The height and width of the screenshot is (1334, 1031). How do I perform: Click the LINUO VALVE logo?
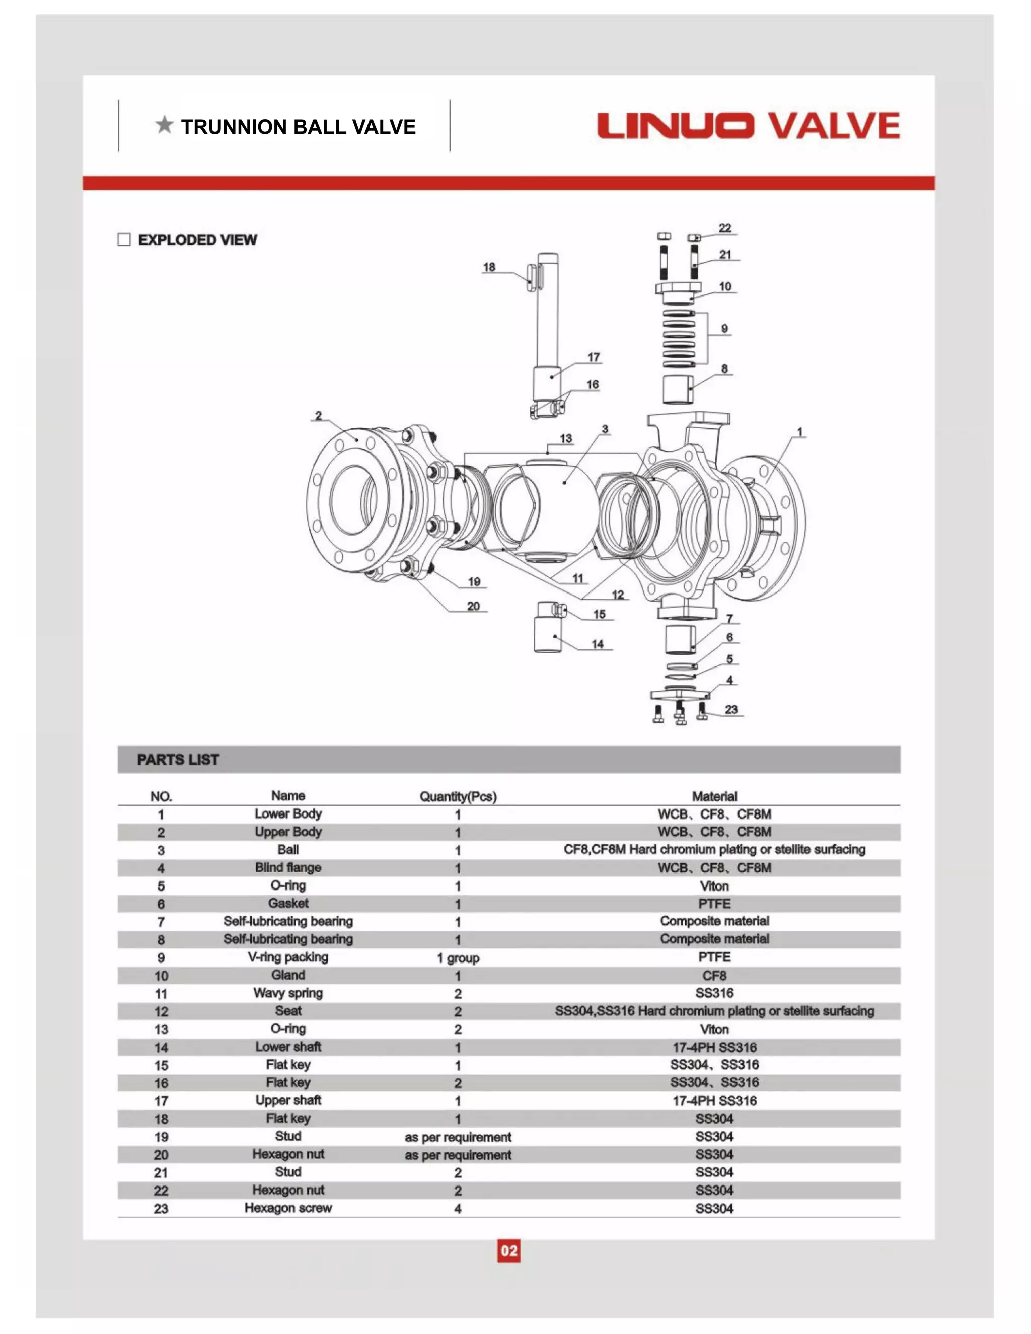click(x=748, y=125)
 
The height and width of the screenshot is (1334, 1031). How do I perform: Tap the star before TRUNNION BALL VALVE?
click(x=164, y=125)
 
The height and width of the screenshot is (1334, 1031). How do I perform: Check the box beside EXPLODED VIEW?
click(x=124, y=240)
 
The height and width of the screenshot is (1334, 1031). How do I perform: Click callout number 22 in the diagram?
click(x=724, y=228)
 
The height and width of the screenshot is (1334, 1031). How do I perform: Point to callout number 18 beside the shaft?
click(x=489, y=267)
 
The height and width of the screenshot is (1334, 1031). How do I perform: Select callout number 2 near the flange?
click(x=318, y=416)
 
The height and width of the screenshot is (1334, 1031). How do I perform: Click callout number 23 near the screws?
click(x=731, y=709)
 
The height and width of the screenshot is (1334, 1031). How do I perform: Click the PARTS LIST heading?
click(x=178, y=759)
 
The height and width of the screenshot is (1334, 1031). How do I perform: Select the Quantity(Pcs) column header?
click(x=458, y=796)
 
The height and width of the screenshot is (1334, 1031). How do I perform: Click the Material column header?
click(x=714, y=796)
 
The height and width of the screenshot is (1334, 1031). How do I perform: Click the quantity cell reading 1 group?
click(x=458, y=958)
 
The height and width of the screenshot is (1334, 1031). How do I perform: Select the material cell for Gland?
click(x=714, y=976)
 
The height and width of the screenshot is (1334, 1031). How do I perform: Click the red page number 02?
click(x=509, y=1251)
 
